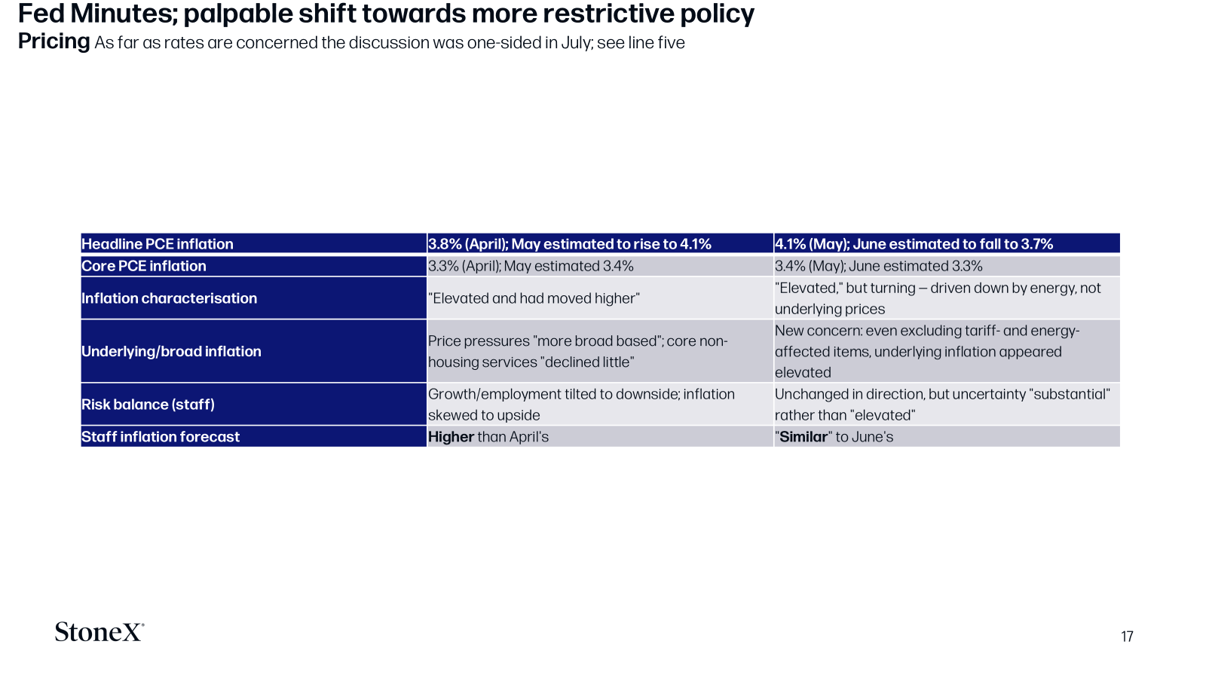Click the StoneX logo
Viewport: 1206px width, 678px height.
coord(99,632)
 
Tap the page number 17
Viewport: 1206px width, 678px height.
coord(1127,637)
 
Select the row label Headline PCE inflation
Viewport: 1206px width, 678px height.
coord(158,244)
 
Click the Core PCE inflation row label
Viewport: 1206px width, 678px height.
coord(144,266)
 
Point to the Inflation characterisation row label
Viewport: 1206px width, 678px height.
coord(169,298)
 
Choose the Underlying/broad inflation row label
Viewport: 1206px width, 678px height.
coord(171,351)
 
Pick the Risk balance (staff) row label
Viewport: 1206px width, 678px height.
coord(148,404)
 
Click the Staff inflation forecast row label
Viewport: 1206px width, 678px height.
coord(161,436)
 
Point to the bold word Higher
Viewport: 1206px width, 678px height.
coord(451,436)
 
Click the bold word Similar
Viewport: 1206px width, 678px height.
coord(803,436)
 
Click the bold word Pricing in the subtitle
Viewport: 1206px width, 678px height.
coord(54,41)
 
